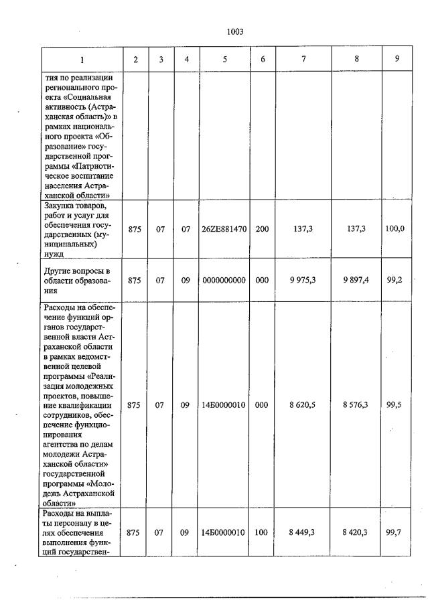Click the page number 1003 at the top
tap(234, 31)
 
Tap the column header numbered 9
tap(397, 59)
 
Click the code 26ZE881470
tap(224, 229)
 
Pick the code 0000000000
tap(224, 281)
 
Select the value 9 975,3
tap(303, 281)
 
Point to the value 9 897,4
tap(356, 281)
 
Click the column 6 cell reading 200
tap(263, 229)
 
